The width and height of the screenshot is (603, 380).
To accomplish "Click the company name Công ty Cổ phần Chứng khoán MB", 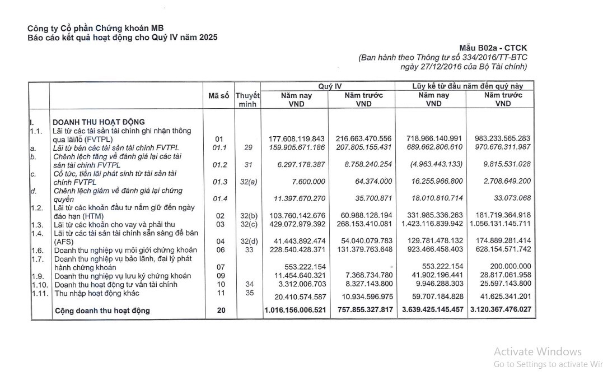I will [95, 28].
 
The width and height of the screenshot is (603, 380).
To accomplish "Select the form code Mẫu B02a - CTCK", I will [492, 48].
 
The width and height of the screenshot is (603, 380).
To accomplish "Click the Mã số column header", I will [218, 96].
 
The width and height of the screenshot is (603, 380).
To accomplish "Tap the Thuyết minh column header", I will [247, 100].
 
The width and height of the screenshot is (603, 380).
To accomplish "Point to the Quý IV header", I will [330, 86].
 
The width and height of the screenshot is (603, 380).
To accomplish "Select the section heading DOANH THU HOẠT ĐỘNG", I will [98, 122].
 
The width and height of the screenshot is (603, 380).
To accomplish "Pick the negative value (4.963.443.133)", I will [436, 164].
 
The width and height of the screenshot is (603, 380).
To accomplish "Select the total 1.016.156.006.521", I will [295, 310].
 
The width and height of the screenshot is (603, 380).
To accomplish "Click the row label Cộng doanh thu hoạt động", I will [102, 311].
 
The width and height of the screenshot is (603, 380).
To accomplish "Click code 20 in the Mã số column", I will [221, 310].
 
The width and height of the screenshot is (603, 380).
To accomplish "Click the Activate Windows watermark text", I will [537, 352].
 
